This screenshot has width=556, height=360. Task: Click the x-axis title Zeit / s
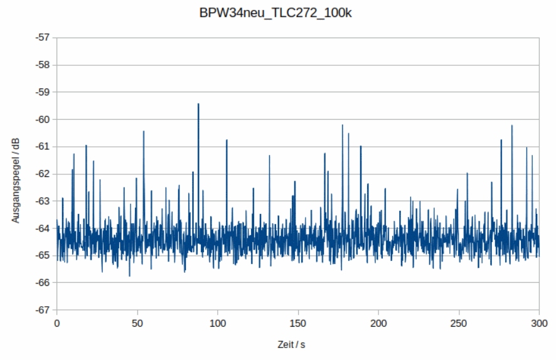point(291,344)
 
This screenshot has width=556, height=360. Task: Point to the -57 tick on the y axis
point(43,38)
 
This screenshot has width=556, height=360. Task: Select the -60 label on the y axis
point(43,119)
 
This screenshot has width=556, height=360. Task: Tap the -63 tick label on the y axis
point(43,201)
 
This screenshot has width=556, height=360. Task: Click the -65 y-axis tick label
point(43,255)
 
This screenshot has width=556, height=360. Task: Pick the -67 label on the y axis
point(43,310)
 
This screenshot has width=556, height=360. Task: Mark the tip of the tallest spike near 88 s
point(198,104)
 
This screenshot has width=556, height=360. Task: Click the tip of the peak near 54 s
point(144,131)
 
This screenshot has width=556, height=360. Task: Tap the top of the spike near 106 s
point(227,140)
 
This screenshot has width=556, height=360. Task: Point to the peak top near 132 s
point(269,156)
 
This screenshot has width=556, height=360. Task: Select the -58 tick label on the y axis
point(43,65)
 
